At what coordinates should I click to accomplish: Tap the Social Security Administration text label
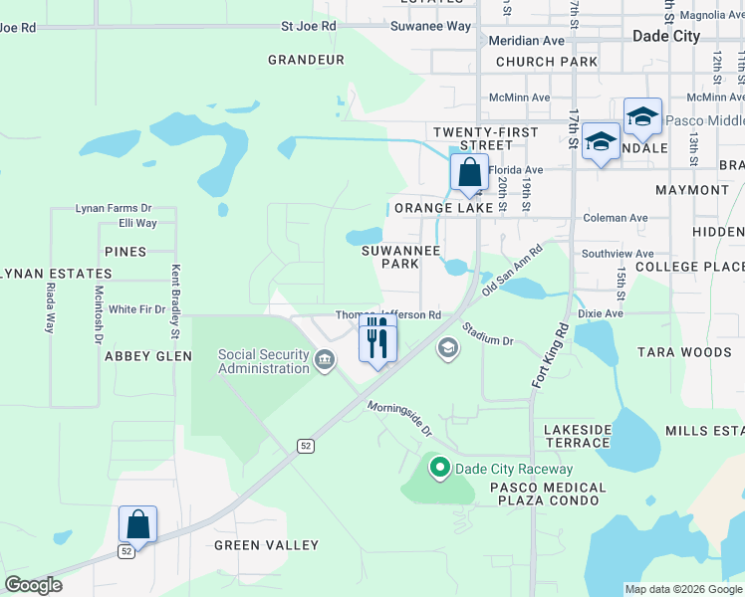point(264,362)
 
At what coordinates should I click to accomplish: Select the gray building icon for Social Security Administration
point(325,360)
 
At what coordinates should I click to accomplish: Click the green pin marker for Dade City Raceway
point(438,467)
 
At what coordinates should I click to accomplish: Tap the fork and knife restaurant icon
point(377,339)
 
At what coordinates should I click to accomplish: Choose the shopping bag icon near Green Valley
point(137,524)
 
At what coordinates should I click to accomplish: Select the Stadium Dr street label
point(487,333)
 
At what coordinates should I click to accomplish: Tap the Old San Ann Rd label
point(512,270)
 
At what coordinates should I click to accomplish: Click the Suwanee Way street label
point(431,27)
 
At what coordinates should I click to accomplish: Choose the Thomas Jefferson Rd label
point(388,314)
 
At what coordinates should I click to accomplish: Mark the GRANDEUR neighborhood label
point(306,60)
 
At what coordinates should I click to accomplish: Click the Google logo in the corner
point(33,585)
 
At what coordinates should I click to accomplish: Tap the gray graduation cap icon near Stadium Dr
point(448,346)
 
